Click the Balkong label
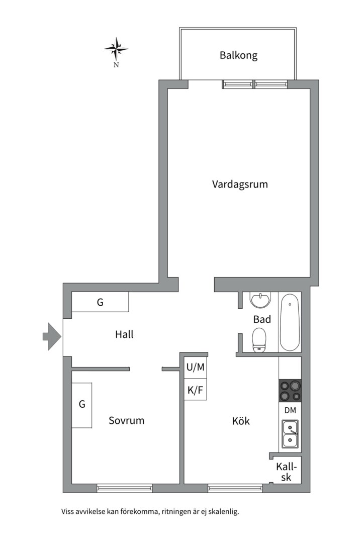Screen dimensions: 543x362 pos(238,55)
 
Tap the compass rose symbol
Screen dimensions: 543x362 pos(116,49)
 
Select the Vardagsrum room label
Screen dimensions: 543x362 pos(240,185)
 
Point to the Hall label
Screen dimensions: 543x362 pos(124,334)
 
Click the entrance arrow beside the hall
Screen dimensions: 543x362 pos(51,336)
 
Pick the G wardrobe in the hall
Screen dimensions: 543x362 pos(100,303)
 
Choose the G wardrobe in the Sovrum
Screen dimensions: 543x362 pos(81,405)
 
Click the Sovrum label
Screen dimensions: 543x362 pos(126,420)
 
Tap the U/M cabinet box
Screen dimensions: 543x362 pos(196,368)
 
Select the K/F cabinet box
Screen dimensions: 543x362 pos(196,390)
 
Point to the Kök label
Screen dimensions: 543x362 pos(241,421)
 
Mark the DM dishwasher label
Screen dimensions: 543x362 pos(290,410)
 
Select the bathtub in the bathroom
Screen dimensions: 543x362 pos(290,322)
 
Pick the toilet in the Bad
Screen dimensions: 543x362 pos(259,340)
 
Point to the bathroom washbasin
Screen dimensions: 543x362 pos(260,300)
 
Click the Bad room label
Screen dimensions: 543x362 pos(262,319)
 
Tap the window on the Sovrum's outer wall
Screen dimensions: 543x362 pos(125,487)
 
